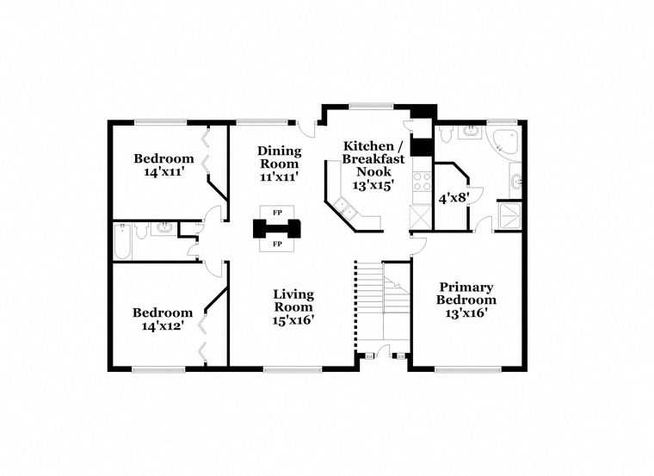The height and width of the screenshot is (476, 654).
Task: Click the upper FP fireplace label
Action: pos(277,213)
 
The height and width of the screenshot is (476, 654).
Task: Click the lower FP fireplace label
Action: pos(277,244)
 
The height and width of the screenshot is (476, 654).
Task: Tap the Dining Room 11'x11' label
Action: pos(279,164)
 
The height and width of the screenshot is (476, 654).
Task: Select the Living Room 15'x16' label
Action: pos(293,307)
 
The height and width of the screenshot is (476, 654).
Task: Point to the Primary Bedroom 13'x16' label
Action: pos(466,300)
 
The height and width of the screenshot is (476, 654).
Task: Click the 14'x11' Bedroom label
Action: pos(163,164)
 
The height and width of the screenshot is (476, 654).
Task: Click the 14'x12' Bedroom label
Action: pos(163,319)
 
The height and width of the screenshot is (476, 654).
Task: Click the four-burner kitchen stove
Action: pos(422,182)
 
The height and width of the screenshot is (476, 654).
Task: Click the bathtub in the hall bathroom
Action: pos(122,242)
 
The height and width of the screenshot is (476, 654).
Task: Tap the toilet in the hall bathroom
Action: pos(141,231)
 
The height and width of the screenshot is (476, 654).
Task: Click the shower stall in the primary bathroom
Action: pos(509,216)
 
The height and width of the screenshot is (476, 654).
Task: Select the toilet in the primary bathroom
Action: pos(446,133)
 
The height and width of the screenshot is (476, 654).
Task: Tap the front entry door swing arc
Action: pos(384,349)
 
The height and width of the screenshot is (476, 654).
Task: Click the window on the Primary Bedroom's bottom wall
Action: pos(467,369)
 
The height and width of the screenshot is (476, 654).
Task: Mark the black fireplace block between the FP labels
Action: pos(277,229)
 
